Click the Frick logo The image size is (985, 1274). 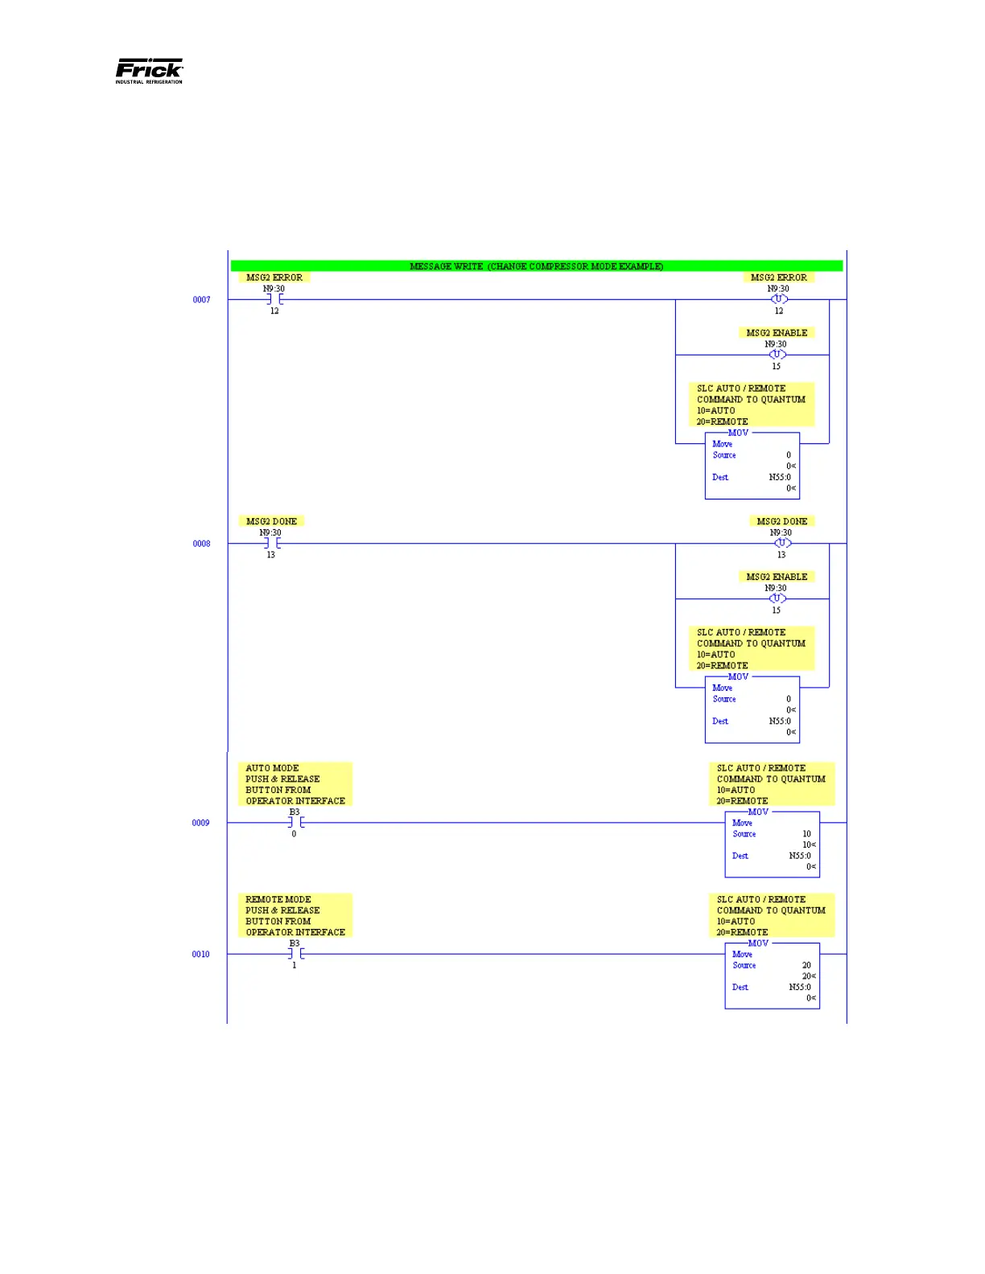(x=149, y=71)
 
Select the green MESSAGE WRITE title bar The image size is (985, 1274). (x=536, y=266)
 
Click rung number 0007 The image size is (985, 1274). (x=201, y=300)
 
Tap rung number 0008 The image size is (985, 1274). (x=201, y=544)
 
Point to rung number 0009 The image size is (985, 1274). (x=200, y=823)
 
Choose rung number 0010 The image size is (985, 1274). (x=200, y=954)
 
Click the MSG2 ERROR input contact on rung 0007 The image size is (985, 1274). (x=274, y=300)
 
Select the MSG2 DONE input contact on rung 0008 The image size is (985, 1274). (x=271, y=544)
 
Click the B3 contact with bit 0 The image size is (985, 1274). (x=295, y=823)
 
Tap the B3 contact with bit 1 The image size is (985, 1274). (x=295, y=954)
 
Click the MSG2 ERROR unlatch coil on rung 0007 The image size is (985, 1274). (x=778, y=299)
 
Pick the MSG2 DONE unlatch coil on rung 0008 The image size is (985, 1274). (x=781, y=544)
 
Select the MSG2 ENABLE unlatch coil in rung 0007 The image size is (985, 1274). (x=777, y=355)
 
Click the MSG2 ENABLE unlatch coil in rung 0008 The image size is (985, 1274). (x=777, y=598)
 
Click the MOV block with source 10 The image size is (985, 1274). (x=772, y=845)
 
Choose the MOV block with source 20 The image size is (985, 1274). (x=772, y=976)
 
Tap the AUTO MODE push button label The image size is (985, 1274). (x=295, y=784)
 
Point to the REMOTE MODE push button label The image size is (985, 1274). (x=295, y=915)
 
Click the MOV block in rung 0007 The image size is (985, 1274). (x=752, y=466)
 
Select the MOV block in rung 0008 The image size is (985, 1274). (x=752, y=710)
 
